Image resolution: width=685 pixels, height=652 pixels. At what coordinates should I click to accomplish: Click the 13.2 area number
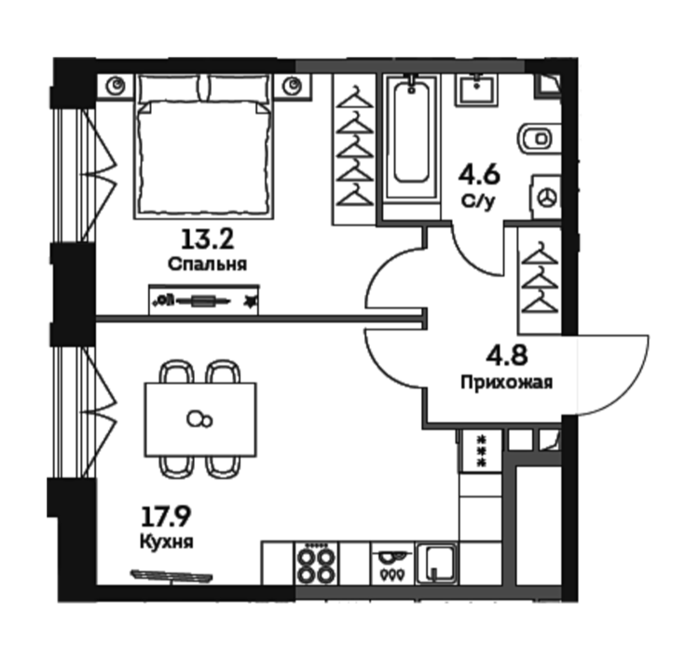pyautogui.click(x=207, y=239)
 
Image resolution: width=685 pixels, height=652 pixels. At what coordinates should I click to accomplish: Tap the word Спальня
pyautogui.click(x=207, y=264)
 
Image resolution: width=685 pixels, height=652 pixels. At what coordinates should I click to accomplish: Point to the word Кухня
pyautogui.click(x=166, y=542)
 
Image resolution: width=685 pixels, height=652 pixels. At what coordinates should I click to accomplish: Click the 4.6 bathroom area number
pyautogui.click(x=479, y=175)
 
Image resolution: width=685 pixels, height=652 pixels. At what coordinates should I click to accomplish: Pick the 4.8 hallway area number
pyautogui.click(x=507, y=355)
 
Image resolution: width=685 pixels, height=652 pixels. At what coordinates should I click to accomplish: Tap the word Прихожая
pyautogui.click(x=507, y=383)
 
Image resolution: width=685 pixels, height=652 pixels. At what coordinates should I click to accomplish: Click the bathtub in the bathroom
pyautogui.click(x=411, y=138)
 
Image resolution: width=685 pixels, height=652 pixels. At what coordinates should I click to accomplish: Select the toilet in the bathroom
pyautogui.click(x=539, y=139)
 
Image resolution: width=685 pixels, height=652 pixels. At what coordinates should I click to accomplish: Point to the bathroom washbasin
pyautogui.click(x=476, y=90)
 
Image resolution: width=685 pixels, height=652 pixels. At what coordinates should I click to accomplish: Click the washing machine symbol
pyautogui.click(x=546, y=197)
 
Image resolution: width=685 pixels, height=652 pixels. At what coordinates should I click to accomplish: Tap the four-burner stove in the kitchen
pyautogui.click(x=316, y=564)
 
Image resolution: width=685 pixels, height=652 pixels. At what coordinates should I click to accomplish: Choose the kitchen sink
pyautogui.click(x=437, y=564)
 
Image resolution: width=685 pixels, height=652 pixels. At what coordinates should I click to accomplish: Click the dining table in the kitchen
pyautogui.click(x=200, y=419)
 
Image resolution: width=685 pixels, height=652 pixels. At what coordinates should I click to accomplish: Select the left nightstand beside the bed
pyautogui.click(x=115, y=87)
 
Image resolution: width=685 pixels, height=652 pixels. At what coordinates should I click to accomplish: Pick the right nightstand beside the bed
pyautogui.click(x=293, y=87)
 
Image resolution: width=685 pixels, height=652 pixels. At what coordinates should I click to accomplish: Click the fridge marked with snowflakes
pyautogui.click(x=481, y=451)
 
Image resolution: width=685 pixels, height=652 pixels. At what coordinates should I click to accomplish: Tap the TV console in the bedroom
pyautogui.click(x=203, y=300)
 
